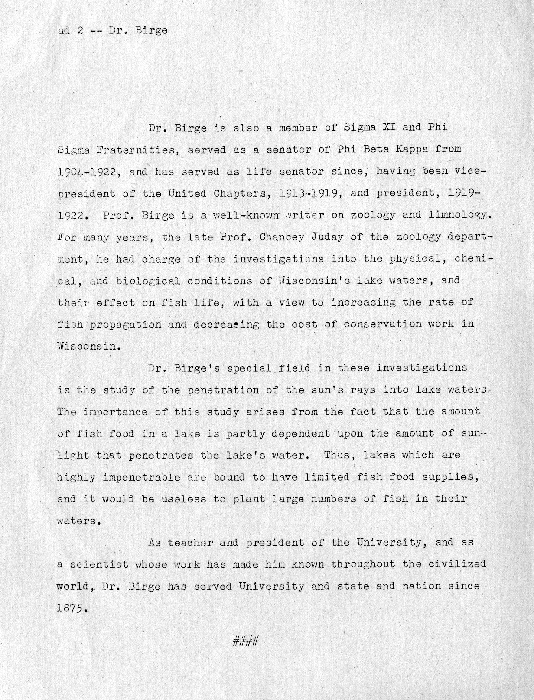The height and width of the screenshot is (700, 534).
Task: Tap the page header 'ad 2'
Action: click(x=71, y=31)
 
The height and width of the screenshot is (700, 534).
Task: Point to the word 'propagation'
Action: click(x=125, y=324)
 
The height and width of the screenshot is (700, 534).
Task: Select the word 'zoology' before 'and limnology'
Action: click(x=373, y=216)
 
